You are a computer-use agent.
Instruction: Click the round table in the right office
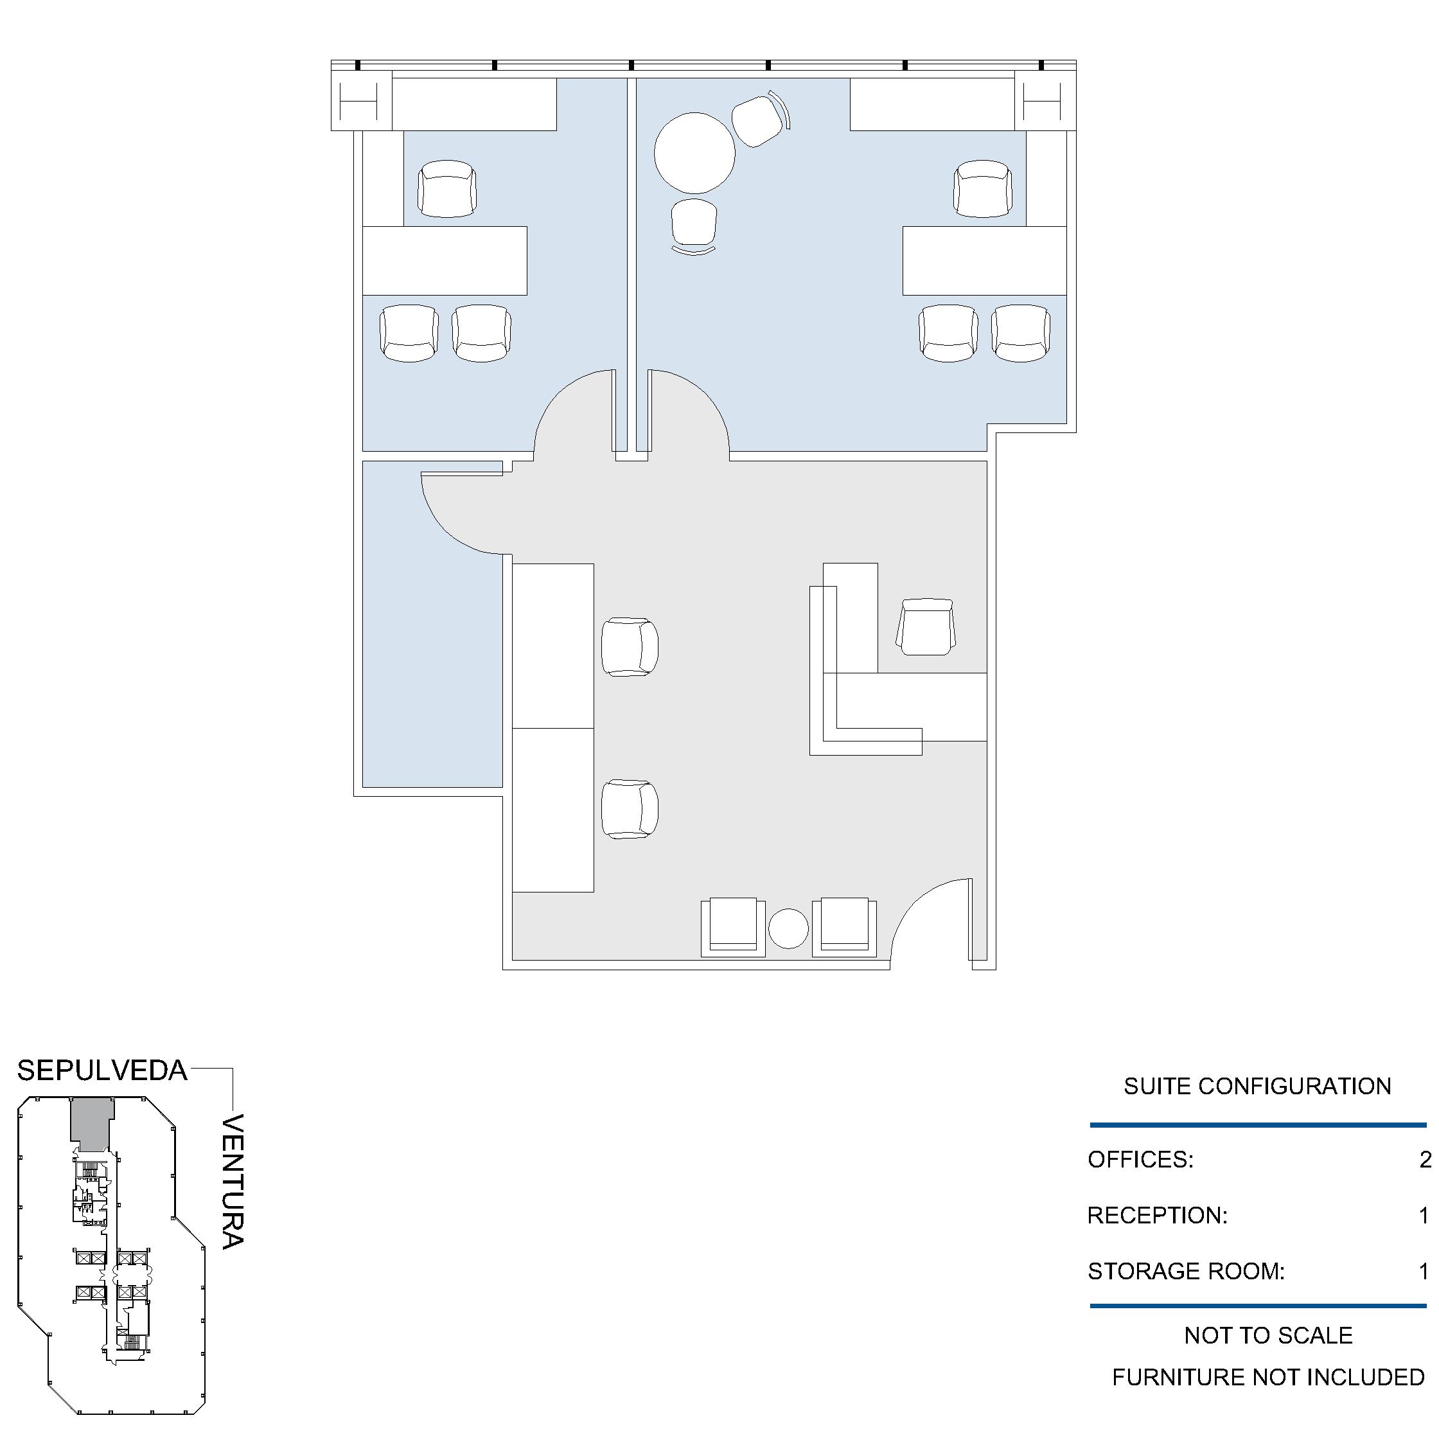click(x=695, y=153)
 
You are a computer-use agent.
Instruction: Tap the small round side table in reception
click(x=788, y=928)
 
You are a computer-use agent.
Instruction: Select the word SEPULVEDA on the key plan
click(x=103, y=1071)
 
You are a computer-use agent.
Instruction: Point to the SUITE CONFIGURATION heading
click(x=1257, y=1086)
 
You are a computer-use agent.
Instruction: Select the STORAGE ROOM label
click(x=1186, y=1271)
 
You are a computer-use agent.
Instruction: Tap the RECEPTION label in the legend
click(x=1158, y=1215)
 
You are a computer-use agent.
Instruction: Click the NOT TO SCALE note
click(x=1268, y=1335)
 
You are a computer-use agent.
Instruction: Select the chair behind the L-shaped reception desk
click(x=926, y=627)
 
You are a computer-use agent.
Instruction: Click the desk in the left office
click(x=445, y=261)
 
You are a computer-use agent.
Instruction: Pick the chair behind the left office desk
click(x=447, y=189)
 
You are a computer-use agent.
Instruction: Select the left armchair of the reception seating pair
click(x=733, y=928)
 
